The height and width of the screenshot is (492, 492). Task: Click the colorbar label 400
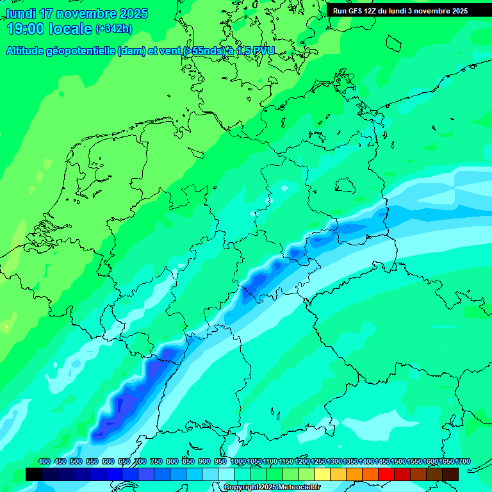click(x=44, y=461)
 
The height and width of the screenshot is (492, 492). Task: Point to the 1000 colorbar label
click(x=238, y=461)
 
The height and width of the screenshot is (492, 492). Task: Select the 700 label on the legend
click(x=140, y=461)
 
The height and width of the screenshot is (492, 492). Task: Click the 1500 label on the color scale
click(x=398, y=461)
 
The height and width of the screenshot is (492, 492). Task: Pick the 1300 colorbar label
click(x=334, y=461)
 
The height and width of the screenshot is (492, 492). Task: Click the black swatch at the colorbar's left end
click(x=34, y=474)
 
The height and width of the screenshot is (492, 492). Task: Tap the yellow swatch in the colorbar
click(x=322, y=474)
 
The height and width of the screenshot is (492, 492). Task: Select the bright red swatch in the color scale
click(x=386, y=474)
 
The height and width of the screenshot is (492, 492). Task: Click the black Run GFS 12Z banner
click(x=400, y=11)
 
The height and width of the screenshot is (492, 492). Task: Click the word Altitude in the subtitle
click(x=26, y=51)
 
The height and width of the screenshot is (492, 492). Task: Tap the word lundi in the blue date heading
click(x=20, y=13)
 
